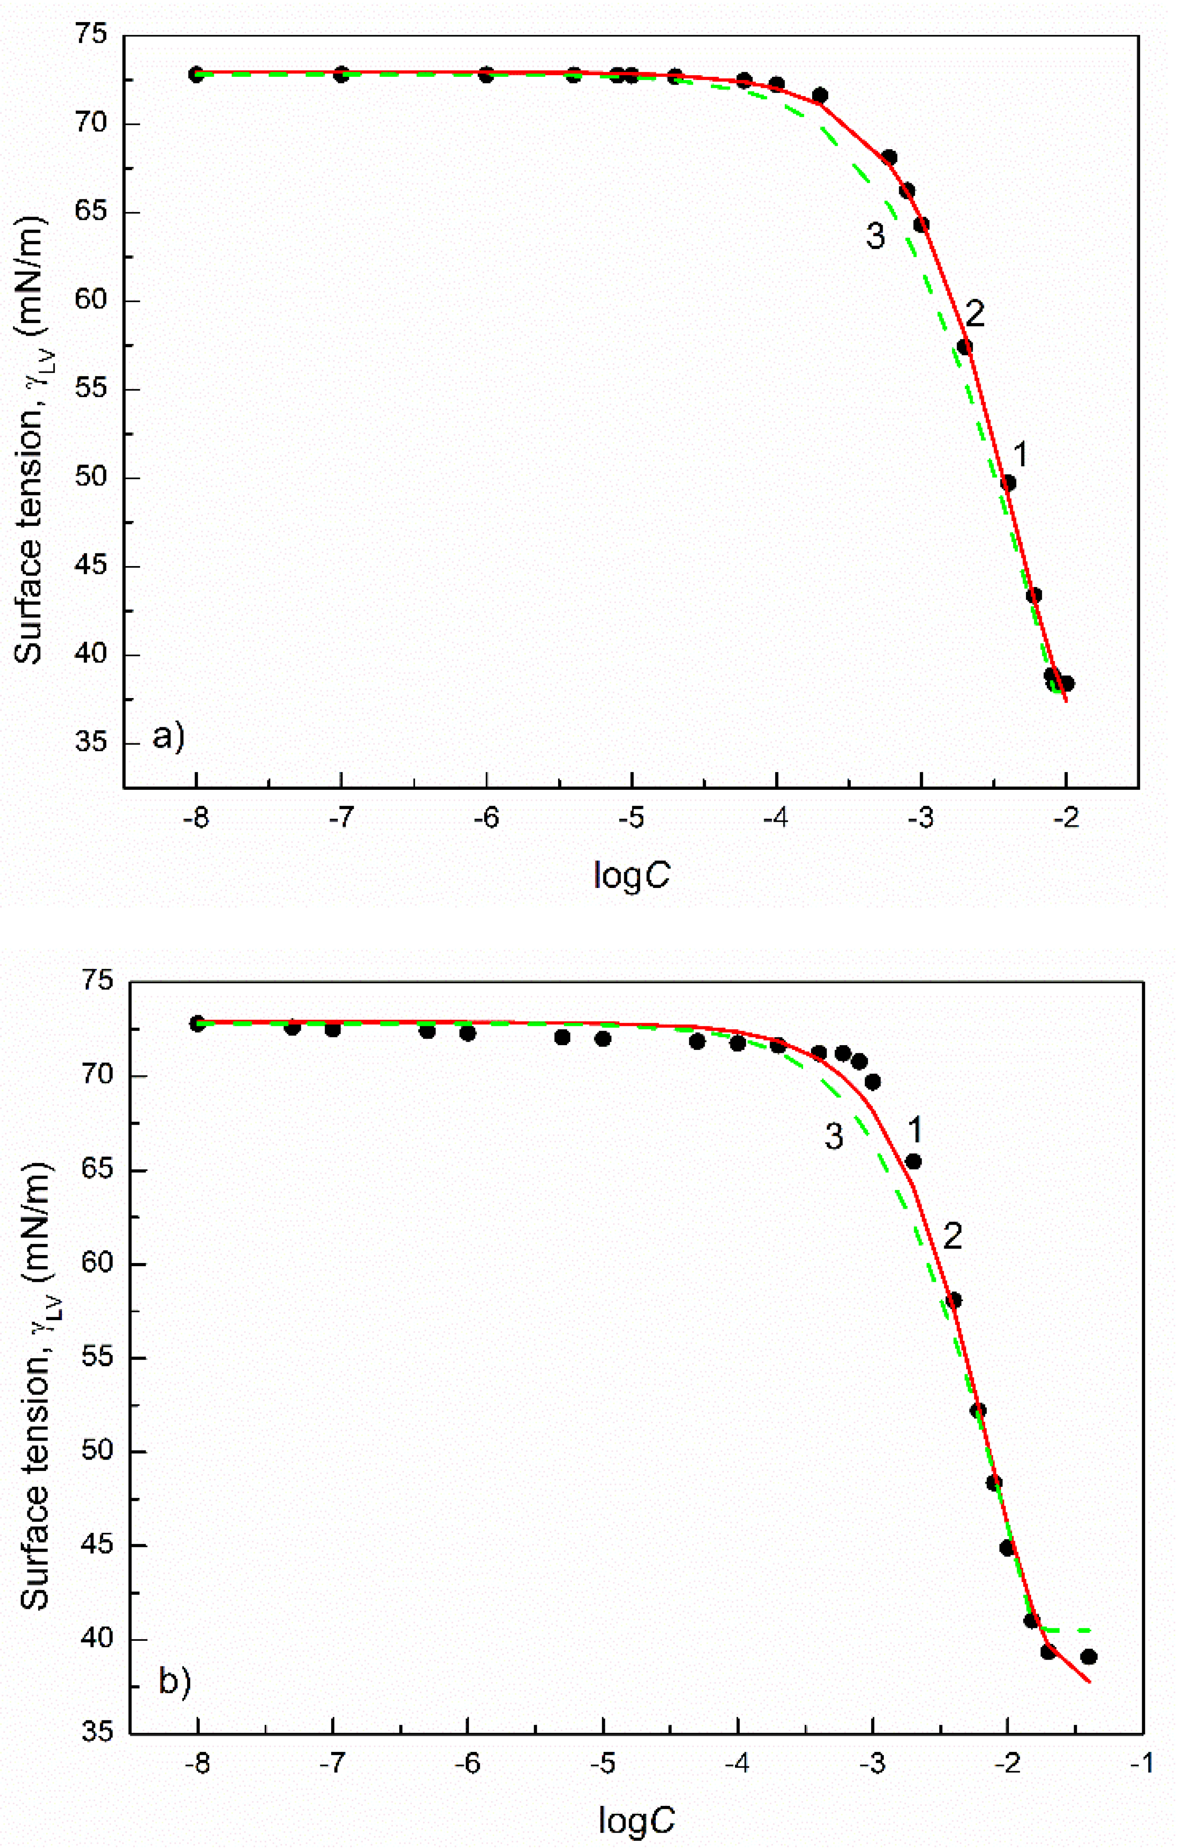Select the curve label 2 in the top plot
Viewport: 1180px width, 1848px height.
974,314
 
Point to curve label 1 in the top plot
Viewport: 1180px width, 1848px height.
1020,455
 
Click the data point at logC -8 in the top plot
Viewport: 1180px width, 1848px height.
197,74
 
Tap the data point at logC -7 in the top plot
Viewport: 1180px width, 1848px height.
341,74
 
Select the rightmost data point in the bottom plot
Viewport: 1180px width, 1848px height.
1089,1657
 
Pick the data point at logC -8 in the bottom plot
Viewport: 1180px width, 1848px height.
198,1024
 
